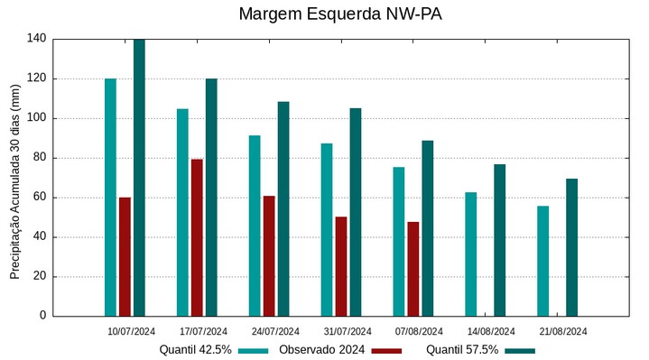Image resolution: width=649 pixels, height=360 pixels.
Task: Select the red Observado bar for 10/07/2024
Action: [125, 256]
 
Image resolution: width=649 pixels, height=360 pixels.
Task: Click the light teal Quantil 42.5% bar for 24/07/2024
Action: [255, 226]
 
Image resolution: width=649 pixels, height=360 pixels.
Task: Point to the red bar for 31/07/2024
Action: [341, 266]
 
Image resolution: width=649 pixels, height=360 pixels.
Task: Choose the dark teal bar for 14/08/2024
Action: [499, 240]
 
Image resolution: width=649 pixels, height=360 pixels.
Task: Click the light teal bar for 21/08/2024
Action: [542, 261]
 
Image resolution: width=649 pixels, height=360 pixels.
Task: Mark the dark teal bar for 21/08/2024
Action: [571, 247]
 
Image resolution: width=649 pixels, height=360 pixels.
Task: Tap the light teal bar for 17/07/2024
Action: [182, 212]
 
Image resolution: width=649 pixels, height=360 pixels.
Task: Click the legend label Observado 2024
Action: [321, 349]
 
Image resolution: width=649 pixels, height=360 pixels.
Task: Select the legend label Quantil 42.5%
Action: [196, 349]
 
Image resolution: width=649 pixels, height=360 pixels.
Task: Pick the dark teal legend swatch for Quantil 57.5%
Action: [520, 350]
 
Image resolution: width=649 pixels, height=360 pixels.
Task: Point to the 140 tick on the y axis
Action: [36, 39]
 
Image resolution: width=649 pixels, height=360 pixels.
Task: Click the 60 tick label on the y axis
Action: [39, 198]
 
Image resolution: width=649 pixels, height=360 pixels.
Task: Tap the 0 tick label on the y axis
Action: [42, 316]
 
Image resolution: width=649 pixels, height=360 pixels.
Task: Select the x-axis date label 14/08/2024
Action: [491, 331]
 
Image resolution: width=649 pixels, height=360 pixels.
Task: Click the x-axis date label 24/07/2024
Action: [275, 331]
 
